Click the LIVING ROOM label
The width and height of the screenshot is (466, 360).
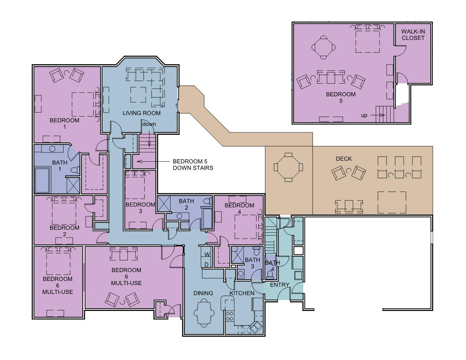142,113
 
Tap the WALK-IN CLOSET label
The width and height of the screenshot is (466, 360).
413,35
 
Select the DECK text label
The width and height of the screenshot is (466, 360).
344,159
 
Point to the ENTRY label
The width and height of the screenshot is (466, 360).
280,285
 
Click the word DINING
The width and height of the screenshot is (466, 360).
203,293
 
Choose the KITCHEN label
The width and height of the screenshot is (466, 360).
242,293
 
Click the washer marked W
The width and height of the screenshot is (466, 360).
207,254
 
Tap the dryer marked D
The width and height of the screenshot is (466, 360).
207,264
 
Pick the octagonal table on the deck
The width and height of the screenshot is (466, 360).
288,167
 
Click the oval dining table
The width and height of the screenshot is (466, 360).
204,313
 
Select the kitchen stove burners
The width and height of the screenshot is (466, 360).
229,316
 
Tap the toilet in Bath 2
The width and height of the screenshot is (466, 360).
207,201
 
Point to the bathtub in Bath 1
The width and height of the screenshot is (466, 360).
43,181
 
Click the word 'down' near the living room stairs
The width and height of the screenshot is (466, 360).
149,124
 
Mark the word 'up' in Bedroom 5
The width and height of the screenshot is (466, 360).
364,115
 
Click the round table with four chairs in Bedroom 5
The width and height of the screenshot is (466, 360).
323,47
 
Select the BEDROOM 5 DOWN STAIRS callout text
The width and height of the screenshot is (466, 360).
193,164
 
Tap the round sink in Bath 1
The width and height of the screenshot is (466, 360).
52,149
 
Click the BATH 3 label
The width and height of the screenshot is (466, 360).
252,263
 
